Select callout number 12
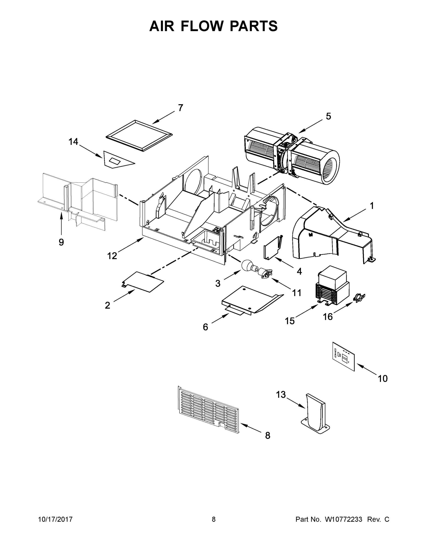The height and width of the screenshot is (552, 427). (x=112, y=256)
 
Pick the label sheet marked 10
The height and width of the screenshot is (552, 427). (x=343, y=356)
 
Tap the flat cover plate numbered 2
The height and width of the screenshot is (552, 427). (x=143, y=282)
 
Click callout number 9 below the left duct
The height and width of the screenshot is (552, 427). (x=61, y=242)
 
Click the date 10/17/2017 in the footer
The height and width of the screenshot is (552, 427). (x=55, y=519)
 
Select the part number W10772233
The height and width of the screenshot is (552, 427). (x=343, y=519)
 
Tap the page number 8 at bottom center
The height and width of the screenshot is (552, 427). (x=214, y=519)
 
